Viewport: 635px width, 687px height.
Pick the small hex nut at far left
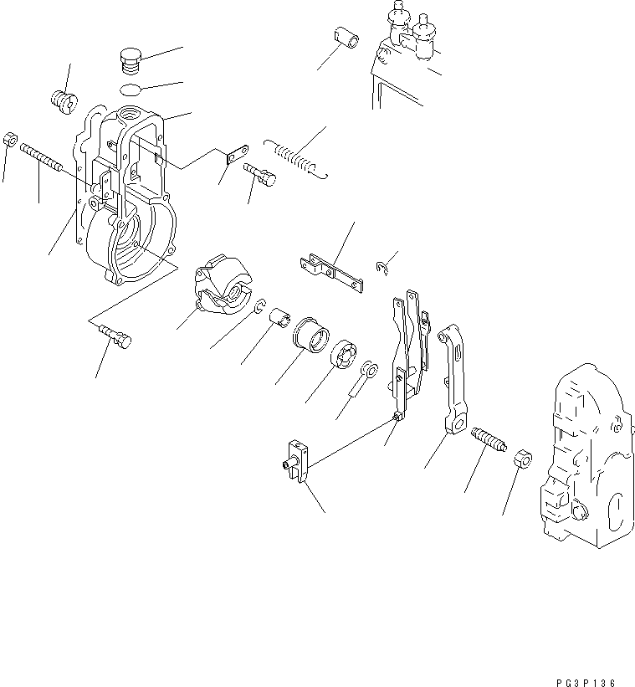tap(10, 139)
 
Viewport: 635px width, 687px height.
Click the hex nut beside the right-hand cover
tap(519, 458)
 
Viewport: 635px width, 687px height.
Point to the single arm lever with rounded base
tap(453, 381)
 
